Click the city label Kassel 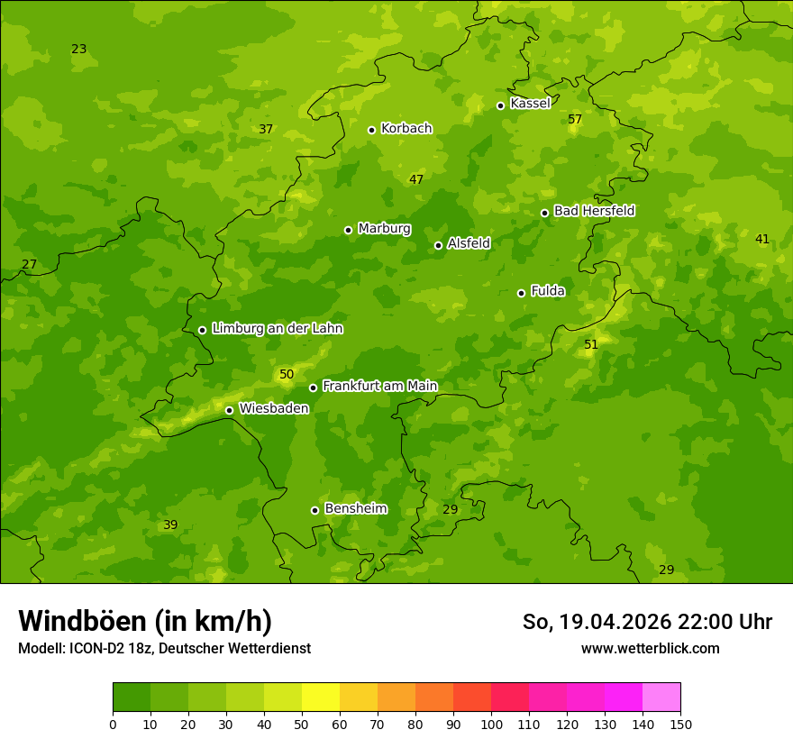coord(530,104)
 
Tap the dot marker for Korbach coord(371,130)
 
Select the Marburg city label coord(384,229)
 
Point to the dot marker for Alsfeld coord(438,245)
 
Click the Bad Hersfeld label coord(594,211)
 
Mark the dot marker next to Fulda coord(521,293)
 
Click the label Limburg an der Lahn coord(277,329)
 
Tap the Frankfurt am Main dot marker coord(313,388)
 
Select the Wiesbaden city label coord(274,408)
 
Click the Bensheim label coord(355,508)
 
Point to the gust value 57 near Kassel coord(575,120)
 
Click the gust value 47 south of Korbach coord(415,180)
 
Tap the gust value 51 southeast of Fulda coord(590,345)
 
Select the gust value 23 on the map coord(79,50)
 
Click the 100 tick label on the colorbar coord(491,724)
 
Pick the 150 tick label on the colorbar coord(680,724)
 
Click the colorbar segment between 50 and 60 coord(321,698)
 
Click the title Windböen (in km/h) coord(145,621)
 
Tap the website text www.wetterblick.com coord(650,649)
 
